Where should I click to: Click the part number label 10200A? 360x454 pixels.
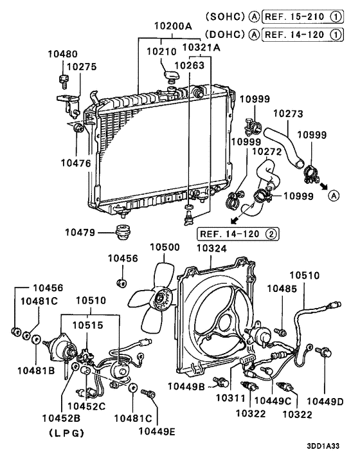coord(172,27)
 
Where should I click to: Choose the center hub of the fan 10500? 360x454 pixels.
coord(160,298)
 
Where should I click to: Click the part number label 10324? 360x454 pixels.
coord(210,246)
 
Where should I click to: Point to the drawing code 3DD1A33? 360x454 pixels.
coord(332,444)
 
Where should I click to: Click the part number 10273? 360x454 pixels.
coord(289,113)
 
